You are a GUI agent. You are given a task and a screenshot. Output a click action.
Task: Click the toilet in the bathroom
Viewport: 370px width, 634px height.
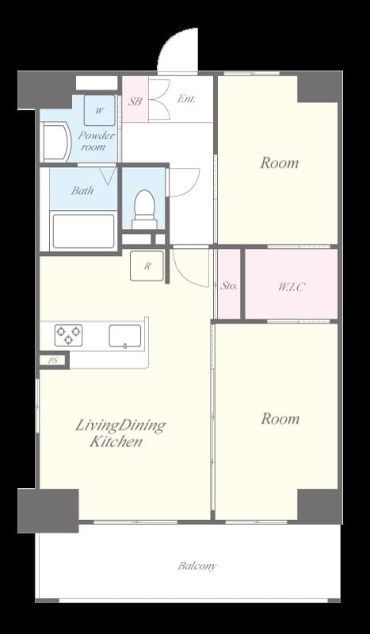click(143, 209)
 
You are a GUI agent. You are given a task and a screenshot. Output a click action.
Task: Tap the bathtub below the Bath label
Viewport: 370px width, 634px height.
click(82, 231)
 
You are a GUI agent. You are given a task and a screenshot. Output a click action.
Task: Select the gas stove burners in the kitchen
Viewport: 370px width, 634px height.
click(68, 335)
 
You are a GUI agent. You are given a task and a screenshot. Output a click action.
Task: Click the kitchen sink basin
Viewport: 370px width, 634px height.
click(124, 335)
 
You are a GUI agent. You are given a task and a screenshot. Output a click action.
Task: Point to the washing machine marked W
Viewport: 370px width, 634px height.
click(100, 111)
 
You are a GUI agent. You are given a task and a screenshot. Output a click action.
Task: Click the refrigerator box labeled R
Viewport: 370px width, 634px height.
click(147, 266)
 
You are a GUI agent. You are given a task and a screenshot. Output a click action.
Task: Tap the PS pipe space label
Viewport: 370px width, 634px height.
click(53, 361)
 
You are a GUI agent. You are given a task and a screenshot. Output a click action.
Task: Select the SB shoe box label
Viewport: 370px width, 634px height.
click(135, 101)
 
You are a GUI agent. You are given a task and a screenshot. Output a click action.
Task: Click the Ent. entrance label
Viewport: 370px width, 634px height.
click(186, 99)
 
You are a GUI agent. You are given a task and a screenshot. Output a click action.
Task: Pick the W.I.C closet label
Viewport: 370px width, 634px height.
click(289, 285)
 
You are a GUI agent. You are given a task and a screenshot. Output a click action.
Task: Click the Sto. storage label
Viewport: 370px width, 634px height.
click(229, 285)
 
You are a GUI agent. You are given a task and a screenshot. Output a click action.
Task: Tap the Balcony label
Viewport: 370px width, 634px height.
click(196, 566)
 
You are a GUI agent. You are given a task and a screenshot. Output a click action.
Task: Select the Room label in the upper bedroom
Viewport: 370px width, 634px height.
click(280, 163)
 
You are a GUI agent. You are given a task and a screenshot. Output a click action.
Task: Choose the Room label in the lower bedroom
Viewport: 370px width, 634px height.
click(280, 418)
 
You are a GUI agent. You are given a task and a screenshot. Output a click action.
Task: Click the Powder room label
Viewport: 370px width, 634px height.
click(96, 141)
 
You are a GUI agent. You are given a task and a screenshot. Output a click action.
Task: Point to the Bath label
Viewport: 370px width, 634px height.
click(82, 190)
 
